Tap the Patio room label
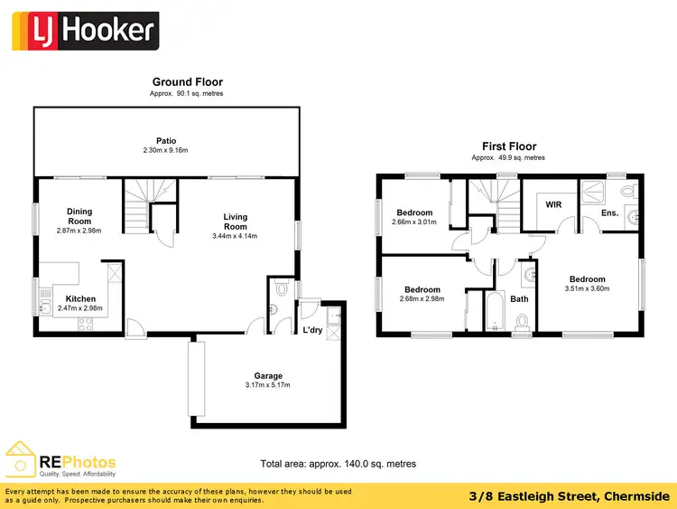pos(165,140)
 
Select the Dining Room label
pos(79,216)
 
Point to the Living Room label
pos(236,222)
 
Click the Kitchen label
pos(81,298)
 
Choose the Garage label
pos(268,375)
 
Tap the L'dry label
pos(312,329)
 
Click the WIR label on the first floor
pos(553,204)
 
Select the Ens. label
pos(611,213)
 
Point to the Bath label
pos(519,298)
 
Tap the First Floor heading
pos(509,146)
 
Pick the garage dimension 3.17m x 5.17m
pos(268,385)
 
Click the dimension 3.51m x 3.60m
pos(587,289)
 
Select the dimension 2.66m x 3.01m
pos(413,222)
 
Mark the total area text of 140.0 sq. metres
pos(338,463)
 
